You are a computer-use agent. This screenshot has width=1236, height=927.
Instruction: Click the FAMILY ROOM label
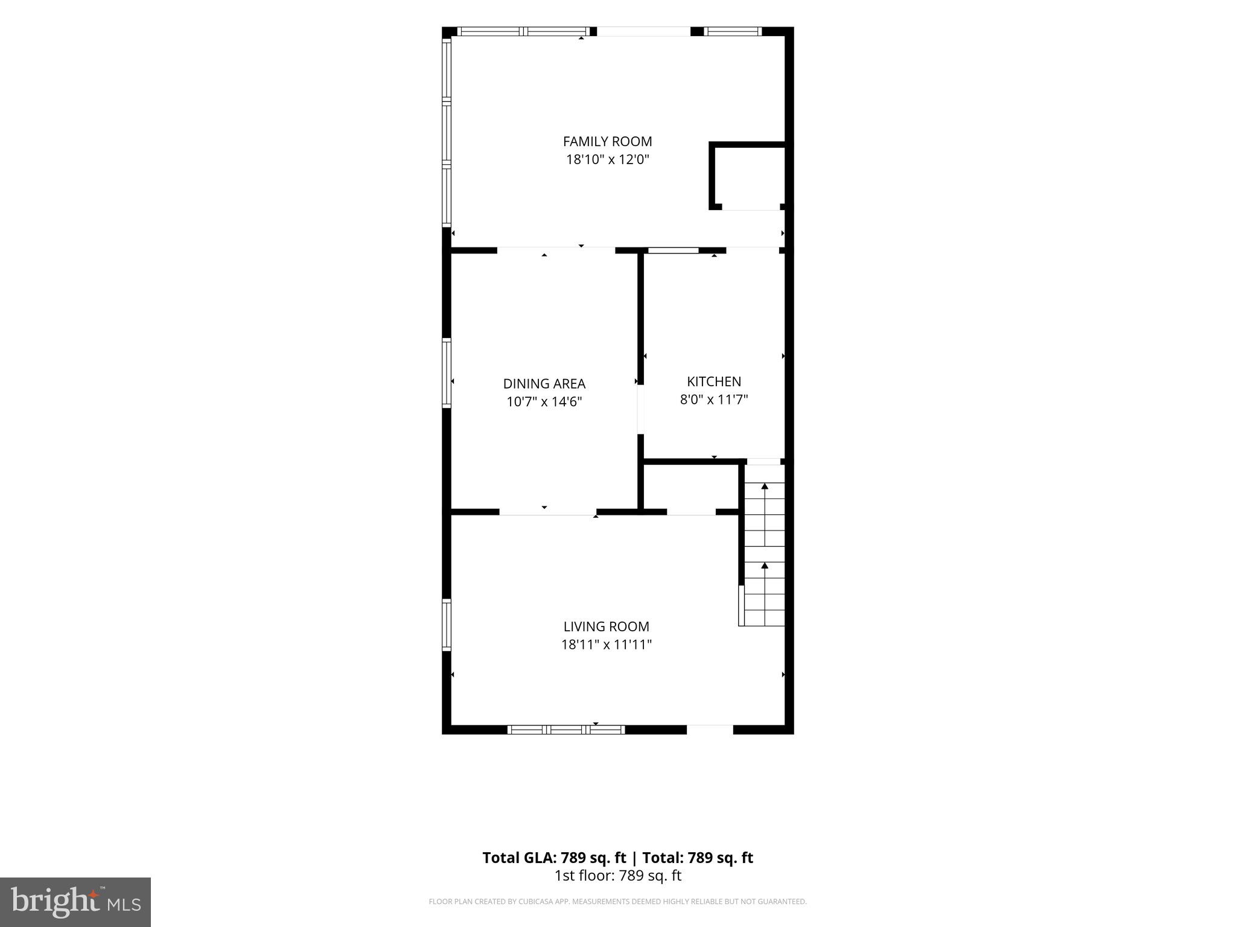[x=607, y=141]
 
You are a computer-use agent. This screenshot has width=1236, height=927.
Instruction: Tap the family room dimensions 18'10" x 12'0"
[x=607, y=159]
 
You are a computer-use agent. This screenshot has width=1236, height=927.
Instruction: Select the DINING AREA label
[x=544, y=384]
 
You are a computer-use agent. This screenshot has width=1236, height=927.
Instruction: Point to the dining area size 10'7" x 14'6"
[x=544, y=402]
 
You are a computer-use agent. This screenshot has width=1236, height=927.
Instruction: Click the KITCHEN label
[x=714, y=381]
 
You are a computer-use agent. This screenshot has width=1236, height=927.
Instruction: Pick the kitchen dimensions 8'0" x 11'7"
[x=714, y=400]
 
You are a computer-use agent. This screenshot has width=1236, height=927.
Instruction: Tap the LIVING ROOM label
[x=606, y=626]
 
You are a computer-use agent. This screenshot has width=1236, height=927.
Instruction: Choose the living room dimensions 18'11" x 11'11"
[x=607, y=645]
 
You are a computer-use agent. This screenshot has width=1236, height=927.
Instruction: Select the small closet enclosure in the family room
[x=747, y=176]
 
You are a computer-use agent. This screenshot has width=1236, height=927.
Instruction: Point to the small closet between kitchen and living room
[x=690, y=488]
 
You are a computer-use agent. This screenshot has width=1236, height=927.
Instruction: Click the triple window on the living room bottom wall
[x=566, y=730]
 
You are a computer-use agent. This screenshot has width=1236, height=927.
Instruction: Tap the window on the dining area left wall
[x=447, y=373]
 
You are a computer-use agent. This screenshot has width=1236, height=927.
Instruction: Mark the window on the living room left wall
[x=447, y=625]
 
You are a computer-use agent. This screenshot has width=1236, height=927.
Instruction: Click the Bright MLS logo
[x=75, y=902]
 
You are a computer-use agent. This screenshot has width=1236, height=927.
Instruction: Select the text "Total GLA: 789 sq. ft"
[x=554, y=858]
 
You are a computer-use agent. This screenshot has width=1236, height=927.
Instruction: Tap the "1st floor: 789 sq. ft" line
[x=617, y=876]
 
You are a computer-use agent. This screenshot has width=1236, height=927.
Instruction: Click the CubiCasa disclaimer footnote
[x=617, y=902]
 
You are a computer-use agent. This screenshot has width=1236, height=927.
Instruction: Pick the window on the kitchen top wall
[x=673, y=250]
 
